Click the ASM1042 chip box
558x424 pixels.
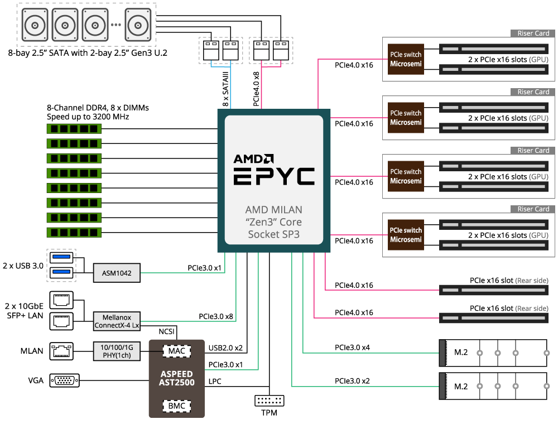tap(117, 272)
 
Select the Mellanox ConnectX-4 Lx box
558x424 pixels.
tap(117, 321)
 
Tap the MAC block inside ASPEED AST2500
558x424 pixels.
tap(176, 350)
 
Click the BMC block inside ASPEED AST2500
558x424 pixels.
tap(176, 406)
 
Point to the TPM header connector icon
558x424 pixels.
tap(269, 401)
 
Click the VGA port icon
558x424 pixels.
tap(65, 380)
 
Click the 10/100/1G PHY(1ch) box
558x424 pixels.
tap(117, 350)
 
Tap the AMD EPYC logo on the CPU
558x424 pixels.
tap(273, 168)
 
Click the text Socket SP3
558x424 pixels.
tap(273, 234)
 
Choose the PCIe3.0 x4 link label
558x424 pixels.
tap(352, 348)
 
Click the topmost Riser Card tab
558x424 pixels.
tap(533, 33)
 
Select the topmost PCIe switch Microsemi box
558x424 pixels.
tap(406, 59)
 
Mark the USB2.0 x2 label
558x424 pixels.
tap(226, 348)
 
